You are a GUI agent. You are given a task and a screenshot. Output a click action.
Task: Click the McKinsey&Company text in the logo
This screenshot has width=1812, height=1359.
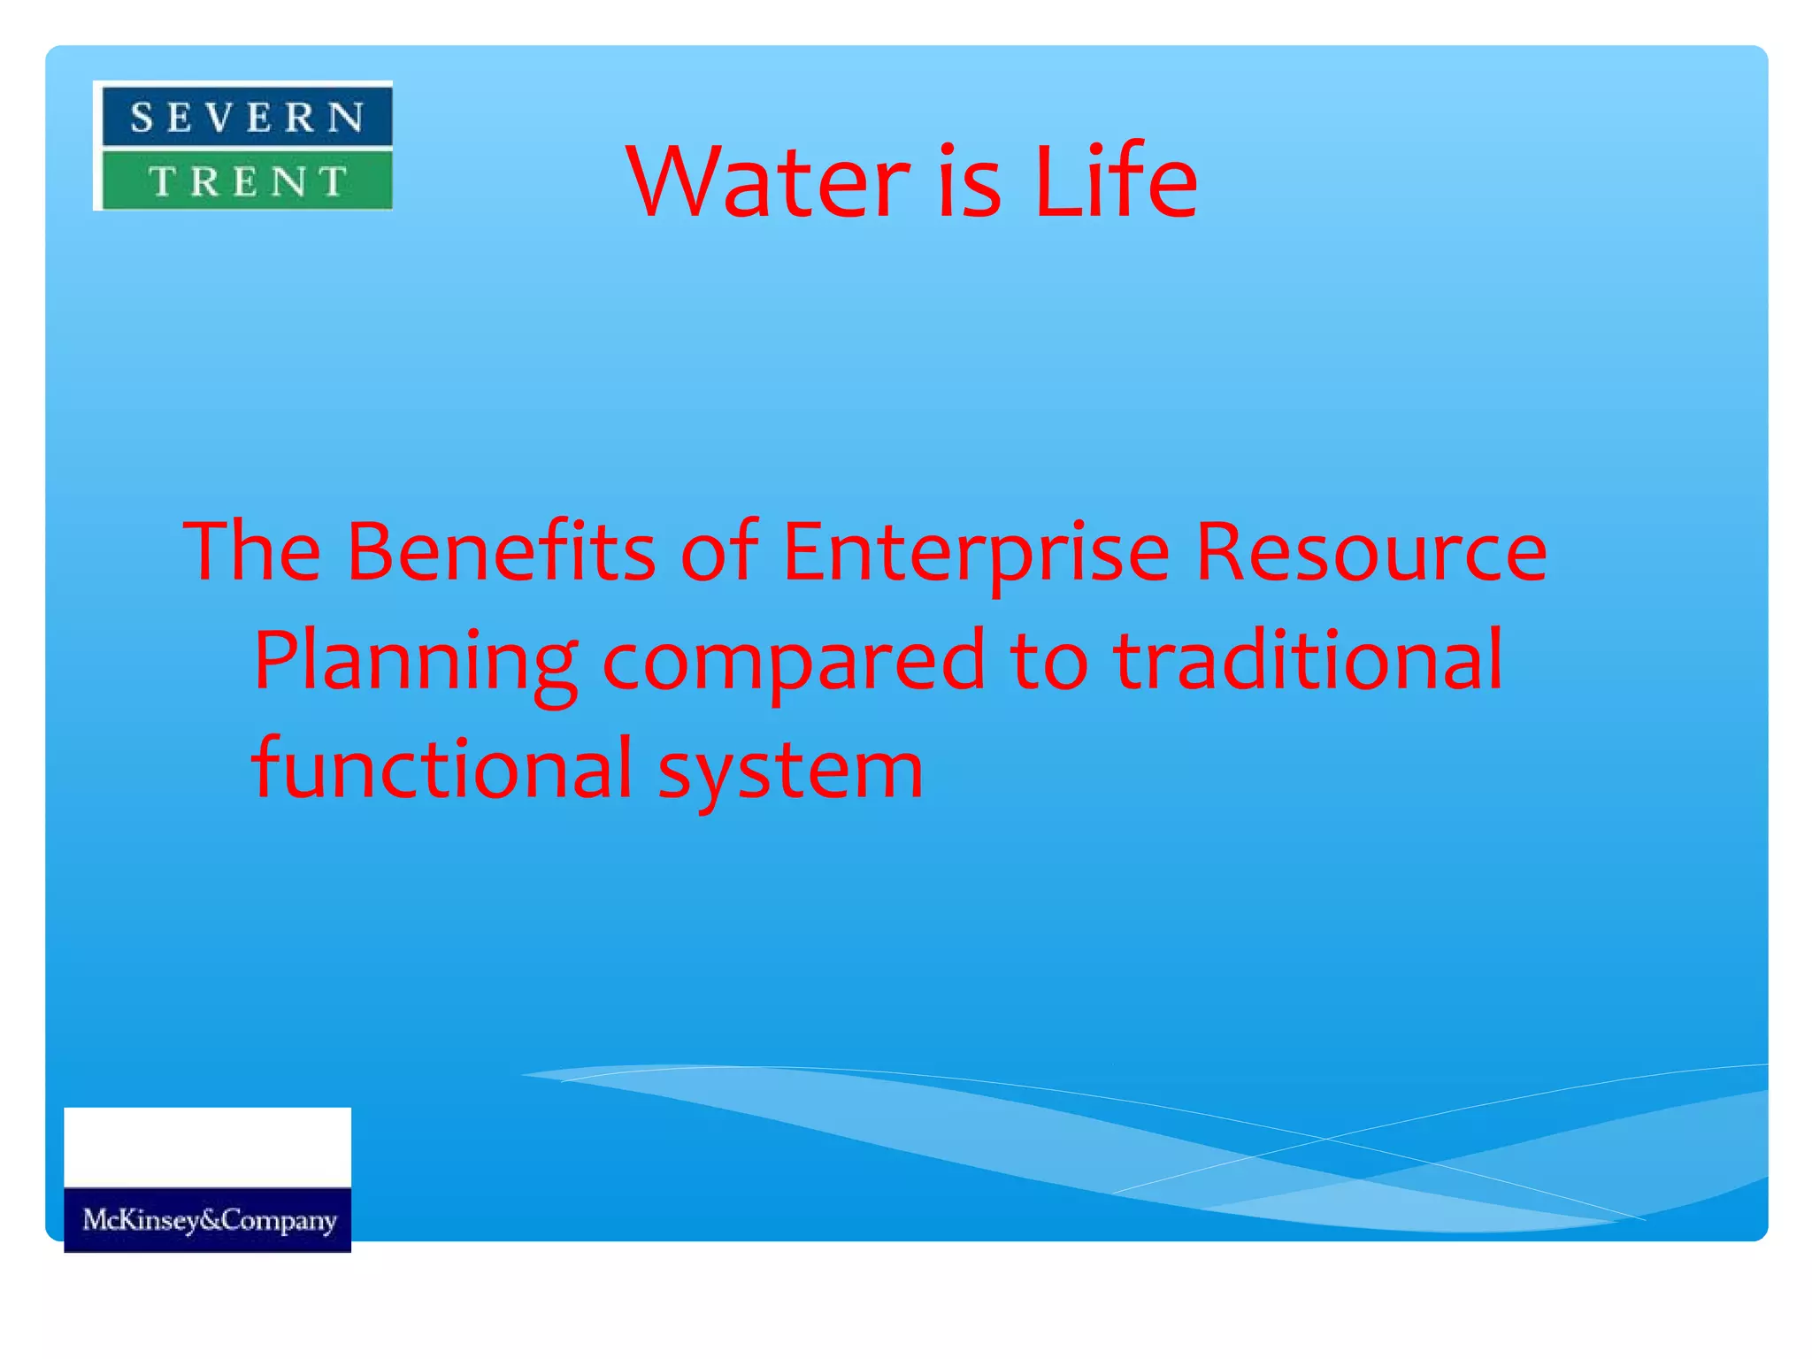pos(209,1220)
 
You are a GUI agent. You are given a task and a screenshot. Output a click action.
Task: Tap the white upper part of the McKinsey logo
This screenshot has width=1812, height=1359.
pos(207,1147)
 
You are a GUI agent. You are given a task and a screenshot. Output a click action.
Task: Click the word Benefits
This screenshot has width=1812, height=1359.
pos(501,552)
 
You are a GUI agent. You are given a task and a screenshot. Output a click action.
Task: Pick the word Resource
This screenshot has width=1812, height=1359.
pos(1371,552)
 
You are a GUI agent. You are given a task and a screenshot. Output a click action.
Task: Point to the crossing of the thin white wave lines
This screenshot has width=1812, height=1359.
pos(1324,1139)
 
